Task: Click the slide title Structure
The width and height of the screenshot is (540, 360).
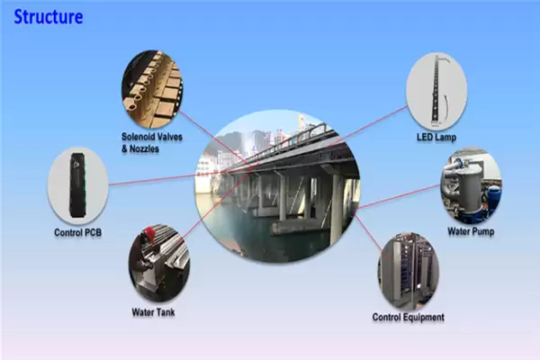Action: tap(49, 16)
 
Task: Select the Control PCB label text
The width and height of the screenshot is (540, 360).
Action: tap(77, 233)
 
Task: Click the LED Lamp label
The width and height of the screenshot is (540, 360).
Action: tap(436, 138)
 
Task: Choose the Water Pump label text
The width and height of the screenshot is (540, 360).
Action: tap(471, 231)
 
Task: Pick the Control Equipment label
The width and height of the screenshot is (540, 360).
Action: tap(408, 317)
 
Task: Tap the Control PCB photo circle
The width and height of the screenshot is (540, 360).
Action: tap(77, 186)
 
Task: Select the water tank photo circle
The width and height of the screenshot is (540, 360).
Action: tap(158, 262)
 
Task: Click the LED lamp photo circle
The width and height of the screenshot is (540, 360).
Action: tap(436, 90)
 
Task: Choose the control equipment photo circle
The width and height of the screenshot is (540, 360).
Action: tap(408, 269)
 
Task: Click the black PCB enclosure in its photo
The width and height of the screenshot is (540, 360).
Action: tap(77, 186)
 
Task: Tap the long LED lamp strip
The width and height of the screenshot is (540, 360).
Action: tap(438, 90)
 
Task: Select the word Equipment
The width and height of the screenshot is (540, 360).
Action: tap(423, 317)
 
